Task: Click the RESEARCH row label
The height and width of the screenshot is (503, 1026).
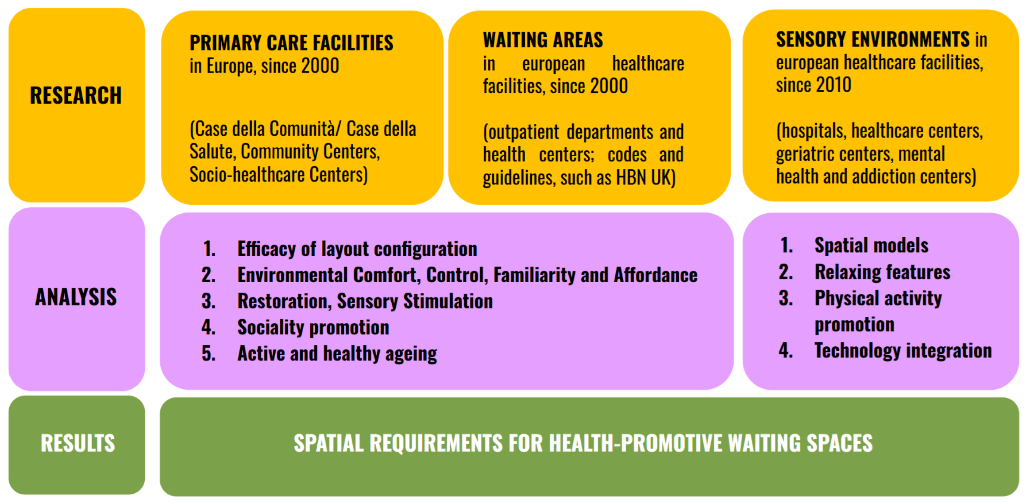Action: coord(76,96)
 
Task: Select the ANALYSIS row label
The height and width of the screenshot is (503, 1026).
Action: coord(76,297)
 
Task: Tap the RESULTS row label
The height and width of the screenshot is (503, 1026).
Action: coord(78,443)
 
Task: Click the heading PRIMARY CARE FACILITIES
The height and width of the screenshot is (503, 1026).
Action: coord(292,43)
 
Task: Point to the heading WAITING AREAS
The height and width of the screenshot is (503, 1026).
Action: coord(543,40)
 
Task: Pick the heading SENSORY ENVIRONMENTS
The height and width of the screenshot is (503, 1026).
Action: coord(873,39)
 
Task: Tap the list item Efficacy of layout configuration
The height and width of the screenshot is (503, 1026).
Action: coord(357,249)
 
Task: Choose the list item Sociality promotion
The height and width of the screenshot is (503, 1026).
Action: coord(313,327)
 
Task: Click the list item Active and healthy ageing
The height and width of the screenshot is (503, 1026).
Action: coord(337,353)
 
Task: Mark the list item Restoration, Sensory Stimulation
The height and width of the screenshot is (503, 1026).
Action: coord(365,301)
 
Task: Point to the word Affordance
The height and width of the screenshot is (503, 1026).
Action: coord(656,275)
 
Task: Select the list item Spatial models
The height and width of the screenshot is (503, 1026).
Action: coord(872,246)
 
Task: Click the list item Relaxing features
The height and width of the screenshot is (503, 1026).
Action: coord(883,272)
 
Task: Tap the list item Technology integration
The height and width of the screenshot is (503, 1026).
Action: coord(903,351)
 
